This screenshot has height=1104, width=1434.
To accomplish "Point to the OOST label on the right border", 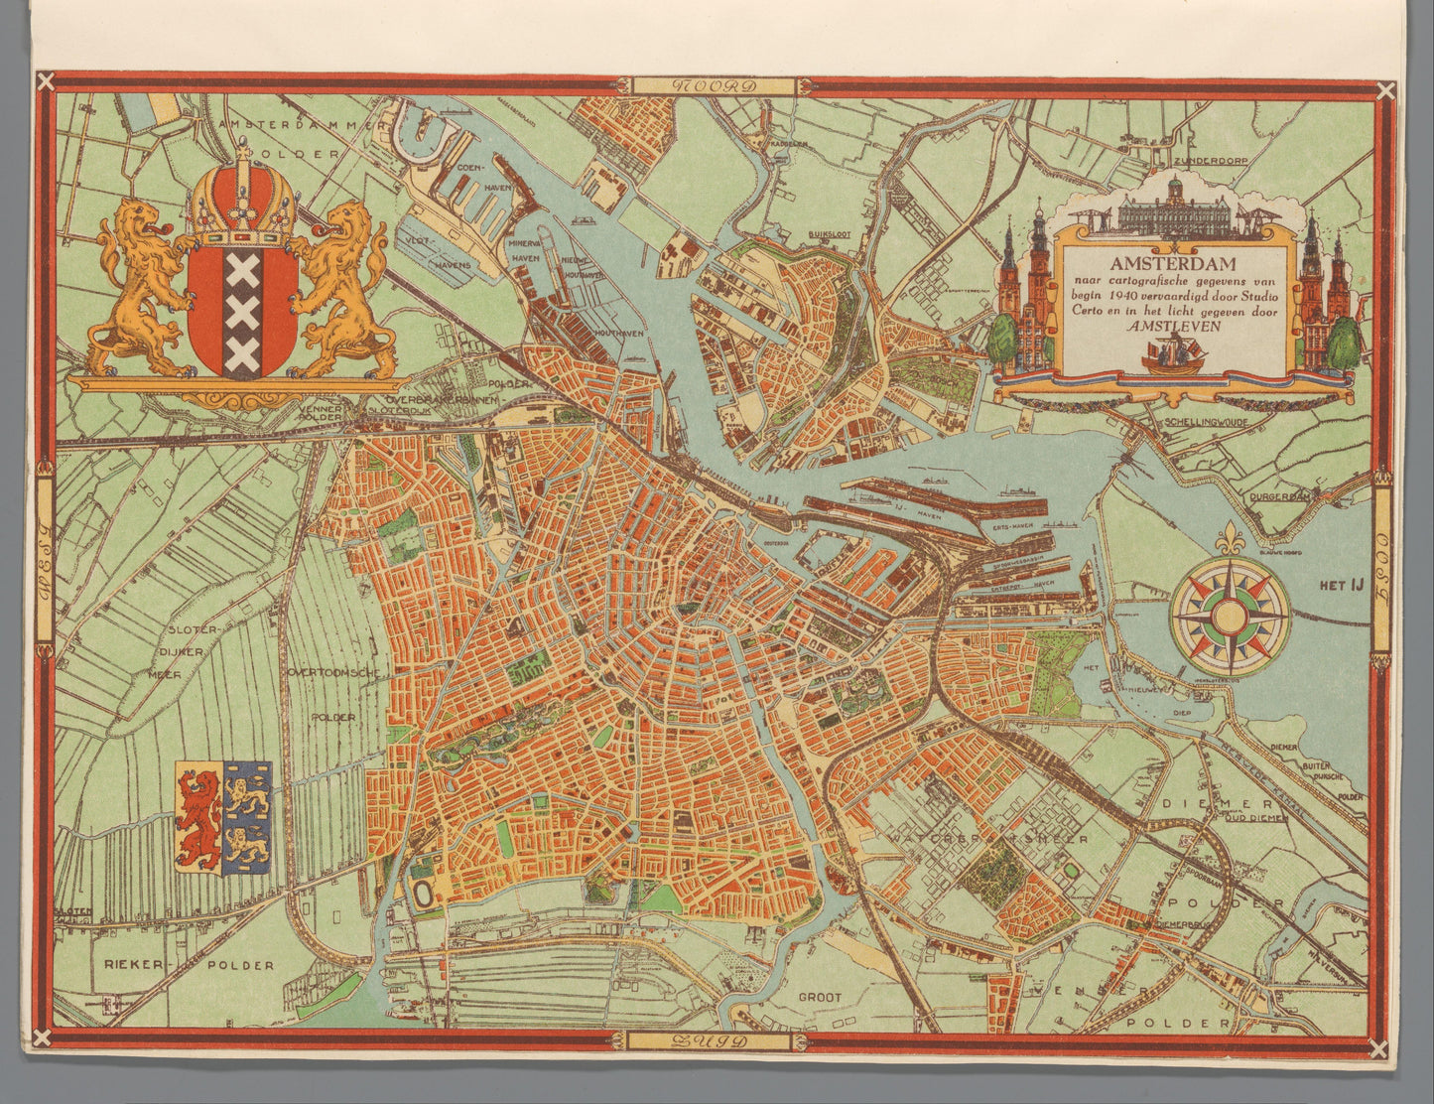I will pos(1381,575).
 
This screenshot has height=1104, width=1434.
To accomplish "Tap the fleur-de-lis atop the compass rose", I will pos(1230,542).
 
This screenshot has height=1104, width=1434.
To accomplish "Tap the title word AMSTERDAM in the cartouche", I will pos(1172,264).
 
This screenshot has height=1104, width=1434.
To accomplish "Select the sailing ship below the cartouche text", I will pos(1172,353).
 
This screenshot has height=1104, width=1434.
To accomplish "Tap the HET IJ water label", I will pos(1333,586).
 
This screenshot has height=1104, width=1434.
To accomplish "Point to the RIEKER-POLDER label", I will pos(189,964).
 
